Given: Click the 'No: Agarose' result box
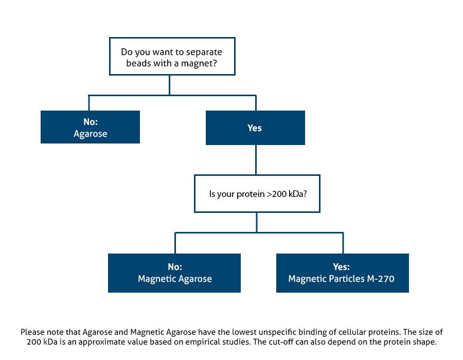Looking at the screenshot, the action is (90, 127).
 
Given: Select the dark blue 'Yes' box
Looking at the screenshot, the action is (255, 128).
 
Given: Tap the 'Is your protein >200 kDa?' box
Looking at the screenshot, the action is (257, 193).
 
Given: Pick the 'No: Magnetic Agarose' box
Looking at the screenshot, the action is (174, 273).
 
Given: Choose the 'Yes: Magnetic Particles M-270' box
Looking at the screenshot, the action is (343, 273).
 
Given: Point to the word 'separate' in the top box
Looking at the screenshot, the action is (204, 52).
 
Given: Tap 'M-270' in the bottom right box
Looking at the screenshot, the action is (381, 279).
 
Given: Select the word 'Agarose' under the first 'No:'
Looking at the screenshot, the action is (91, 134).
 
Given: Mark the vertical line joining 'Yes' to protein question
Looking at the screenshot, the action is (256, 159).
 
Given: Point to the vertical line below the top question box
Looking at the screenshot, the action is (169, 85).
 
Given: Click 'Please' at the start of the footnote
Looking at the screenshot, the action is (32, 332).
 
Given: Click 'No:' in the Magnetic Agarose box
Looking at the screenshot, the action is (175, 267).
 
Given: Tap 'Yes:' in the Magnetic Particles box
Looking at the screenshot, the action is (342, 267).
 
